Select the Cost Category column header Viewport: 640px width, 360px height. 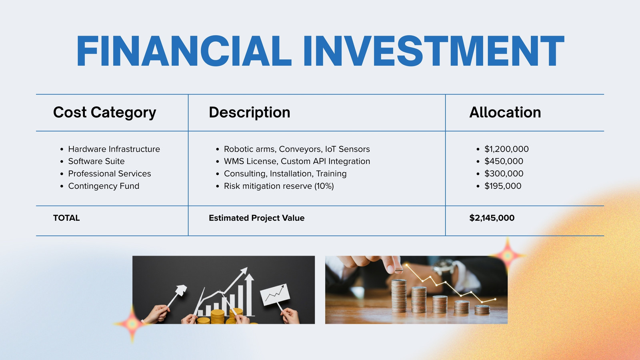click(x=104, y=112)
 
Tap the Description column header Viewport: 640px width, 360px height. click(x=250, y=112)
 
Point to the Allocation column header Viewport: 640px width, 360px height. click(x=505, y=112)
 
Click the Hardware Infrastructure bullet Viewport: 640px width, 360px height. click(x=114, y=149)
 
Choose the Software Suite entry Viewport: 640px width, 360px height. click(x=96, y=161)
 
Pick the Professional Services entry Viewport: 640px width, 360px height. click(x=110, y=174)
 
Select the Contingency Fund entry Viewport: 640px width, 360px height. click(x=104, y=186)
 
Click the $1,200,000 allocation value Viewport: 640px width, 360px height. click(x=506, y=149)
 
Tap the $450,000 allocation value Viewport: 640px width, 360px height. click(x=504, y=161)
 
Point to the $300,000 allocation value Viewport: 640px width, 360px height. click(x=504, y=174)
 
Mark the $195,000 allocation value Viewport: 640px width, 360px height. click(x=503, y=186)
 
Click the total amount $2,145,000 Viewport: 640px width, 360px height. click(x=492, y=218)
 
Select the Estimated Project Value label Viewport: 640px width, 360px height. click(x=256, y=218)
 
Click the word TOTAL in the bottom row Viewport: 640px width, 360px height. click(x=66, y=218)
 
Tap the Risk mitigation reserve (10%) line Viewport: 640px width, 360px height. click(x=279, y=186)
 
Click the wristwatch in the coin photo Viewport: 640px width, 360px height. click(x=444, y=267)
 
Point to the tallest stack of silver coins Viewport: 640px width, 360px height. click(x=399, y=296)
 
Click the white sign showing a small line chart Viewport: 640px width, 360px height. click(x=275, y=295)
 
